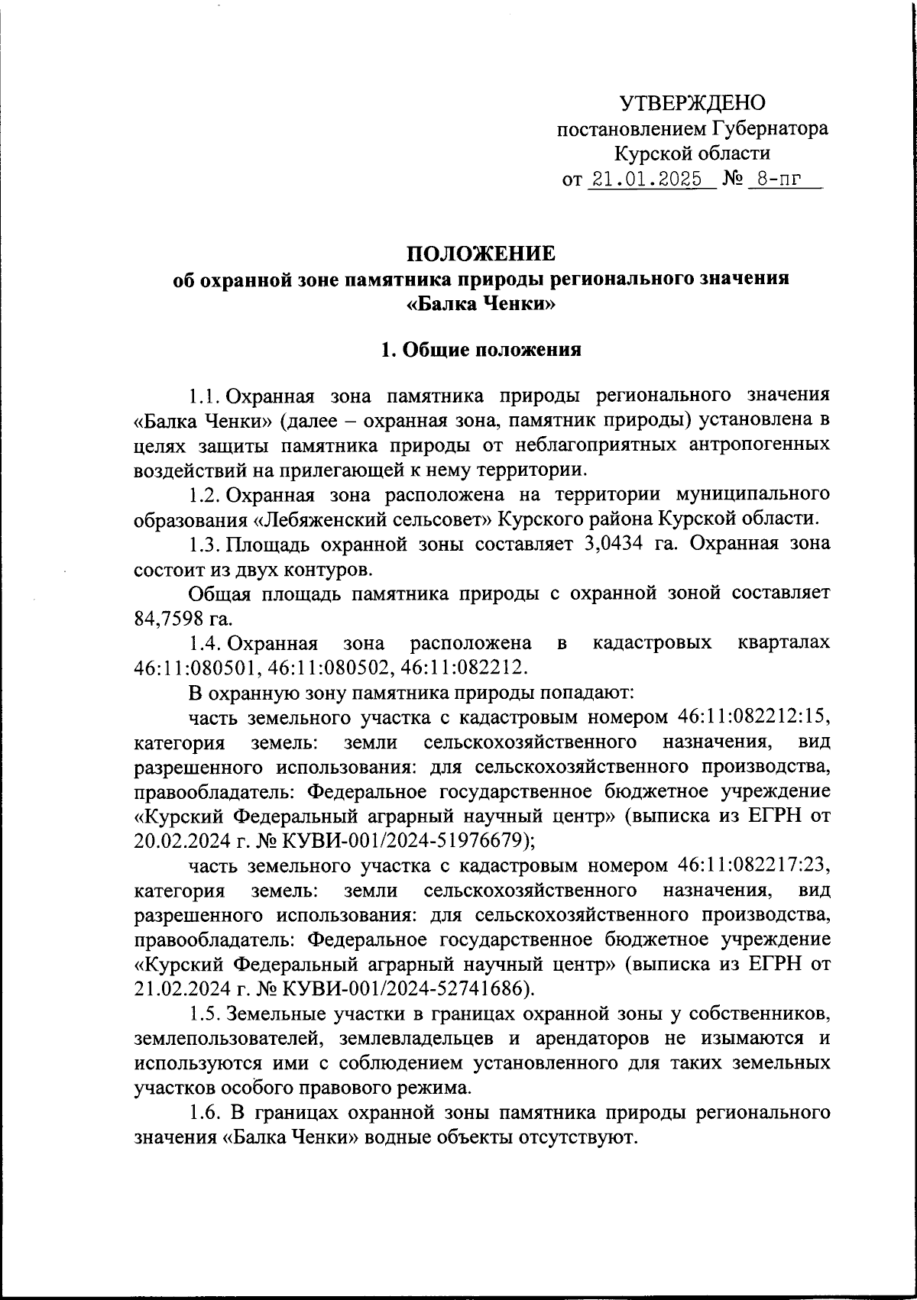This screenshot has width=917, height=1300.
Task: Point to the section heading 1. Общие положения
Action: (481, 350)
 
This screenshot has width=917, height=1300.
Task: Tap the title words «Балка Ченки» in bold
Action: (481, 305)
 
